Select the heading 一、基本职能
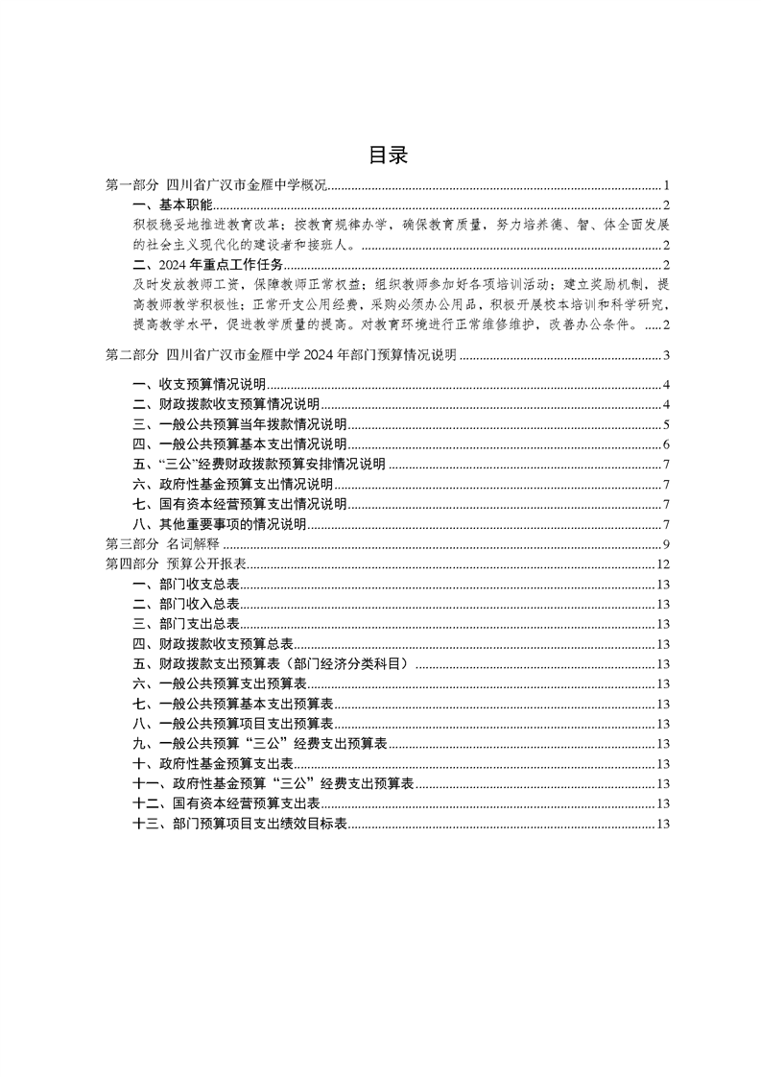coord(173,205)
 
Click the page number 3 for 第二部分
coord(665,356)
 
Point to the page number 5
coord(665,424)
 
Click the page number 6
coord(665,444)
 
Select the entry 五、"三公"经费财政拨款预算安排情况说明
coord(259,465)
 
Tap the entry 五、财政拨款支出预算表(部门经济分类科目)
coord(273,663)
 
